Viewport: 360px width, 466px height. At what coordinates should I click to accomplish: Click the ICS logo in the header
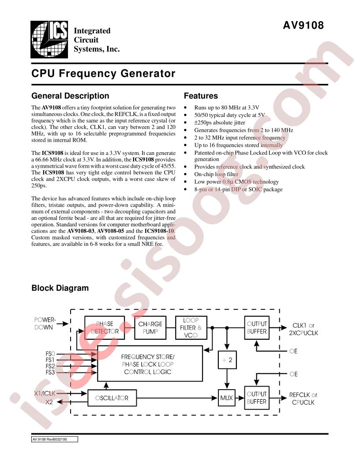[49, 39]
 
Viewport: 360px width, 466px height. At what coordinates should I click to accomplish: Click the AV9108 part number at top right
[303, 25]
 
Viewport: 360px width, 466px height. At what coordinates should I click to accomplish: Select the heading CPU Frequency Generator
[103, 73]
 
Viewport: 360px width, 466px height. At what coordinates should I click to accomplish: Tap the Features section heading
[201, 96]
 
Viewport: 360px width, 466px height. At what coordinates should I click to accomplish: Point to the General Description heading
[71, 96]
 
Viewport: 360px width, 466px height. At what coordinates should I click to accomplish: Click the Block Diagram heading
[60, 288]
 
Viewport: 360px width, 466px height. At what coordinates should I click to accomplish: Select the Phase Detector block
[105, 327]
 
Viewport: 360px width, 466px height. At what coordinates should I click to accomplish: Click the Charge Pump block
[150, 327]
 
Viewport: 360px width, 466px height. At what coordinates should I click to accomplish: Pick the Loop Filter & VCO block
[191, 327]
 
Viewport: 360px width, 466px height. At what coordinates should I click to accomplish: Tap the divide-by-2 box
[227, 360]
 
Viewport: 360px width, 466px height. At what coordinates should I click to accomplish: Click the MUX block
[226, 398]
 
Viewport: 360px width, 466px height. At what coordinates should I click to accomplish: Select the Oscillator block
[112, 398]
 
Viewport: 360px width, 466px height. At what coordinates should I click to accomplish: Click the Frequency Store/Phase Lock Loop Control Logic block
[150, 364]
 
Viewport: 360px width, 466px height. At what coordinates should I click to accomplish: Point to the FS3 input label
[50, 372]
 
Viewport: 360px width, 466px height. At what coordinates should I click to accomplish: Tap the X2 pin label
[49, 402]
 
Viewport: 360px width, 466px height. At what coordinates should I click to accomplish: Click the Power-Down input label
[45, 323]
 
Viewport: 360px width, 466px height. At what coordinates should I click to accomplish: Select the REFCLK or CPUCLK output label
[303, 398]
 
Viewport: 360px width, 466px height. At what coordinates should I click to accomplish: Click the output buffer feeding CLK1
[257, 327]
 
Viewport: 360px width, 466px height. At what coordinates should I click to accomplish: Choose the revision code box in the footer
[55, 439]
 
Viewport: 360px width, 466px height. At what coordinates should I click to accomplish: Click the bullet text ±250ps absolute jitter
[220, 122]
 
